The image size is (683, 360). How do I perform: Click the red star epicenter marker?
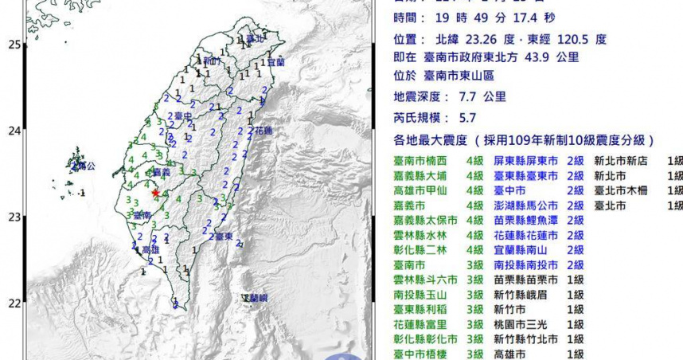[x=155, y=192]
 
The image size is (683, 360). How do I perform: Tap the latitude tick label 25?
[x=14, y=45]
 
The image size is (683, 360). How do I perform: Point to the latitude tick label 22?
[x=14, y=303]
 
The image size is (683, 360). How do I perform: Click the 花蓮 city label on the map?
[x=263, y=130]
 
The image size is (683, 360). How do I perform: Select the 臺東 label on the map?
[x=224, y=237]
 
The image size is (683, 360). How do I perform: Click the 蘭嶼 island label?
[x=256, y=298]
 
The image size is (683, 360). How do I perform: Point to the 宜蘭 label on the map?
[x=275, y=61]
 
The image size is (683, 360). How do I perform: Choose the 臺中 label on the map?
[x=182, y=116]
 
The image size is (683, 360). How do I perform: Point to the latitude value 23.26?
[x=477, y=37]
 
